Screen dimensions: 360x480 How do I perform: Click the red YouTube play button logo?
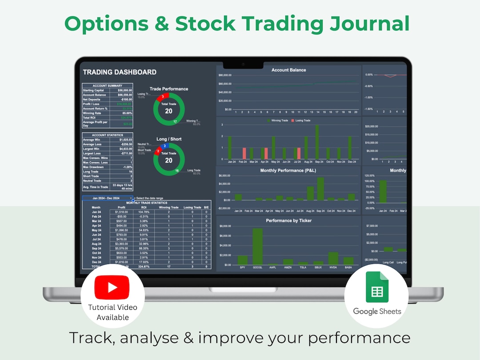[x=112, y=288]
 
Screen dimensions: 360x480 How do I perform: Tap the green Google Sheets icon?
[x=377, y=288]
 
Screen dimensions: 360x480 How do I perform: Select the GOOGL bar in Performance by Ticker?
[x=258, y=247]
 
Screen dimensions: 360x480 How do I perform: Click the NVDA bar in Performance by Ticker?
[x=333, y=259]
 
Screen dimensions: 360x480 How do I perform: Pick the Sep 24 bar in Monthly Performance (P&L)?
[x=320, y=189]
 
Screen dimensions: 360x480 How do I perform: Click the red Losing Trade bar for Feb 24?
[x=244, y=153]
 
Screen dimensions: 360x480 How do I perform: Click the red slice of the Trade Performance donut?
[x=163, y=96]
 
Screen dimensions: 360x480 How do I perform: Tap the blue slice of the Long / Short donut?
[x=165, y=146]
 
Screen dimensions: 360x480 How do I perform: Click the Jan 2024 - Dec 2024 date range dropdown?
[x=107, y=198]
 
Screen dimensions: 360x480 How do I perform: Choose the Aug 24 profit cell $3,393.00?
[x=121, y=244]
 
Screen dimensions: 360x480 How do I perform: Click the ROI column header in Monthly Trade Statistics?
[x=144, y=207]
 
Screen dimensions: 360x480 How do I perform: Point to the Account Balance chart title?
[x=288, y=70]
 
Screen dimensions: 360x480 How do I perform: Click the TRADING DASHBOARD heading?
[x=120, y=72]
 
